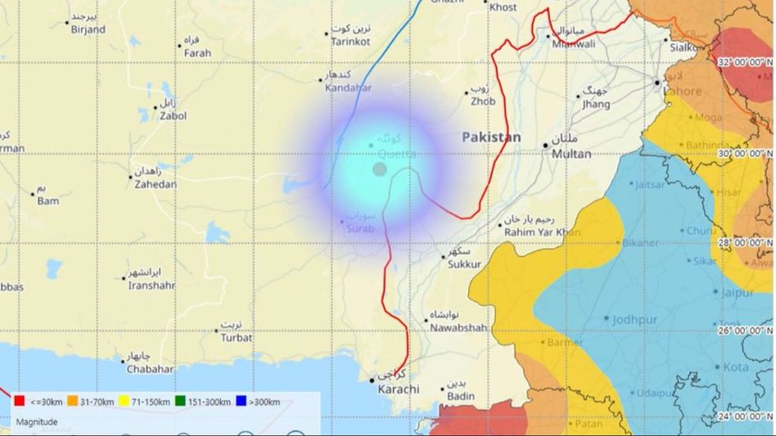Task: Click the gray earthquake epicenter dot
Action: click(380, 169)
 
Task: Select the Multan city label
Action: click(571, 154)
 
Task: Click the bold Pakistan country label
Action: click(491, 138)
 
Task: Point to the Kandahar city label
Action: click(348, 88)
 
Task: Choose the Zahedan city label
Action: click(156, 185)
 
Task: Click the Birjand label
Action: click(88, 29)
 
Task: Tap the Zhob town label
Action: click(482, 102)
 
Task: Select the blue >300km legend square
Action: click(241, 402)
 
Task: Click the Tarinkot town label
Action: click(350, 42)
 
